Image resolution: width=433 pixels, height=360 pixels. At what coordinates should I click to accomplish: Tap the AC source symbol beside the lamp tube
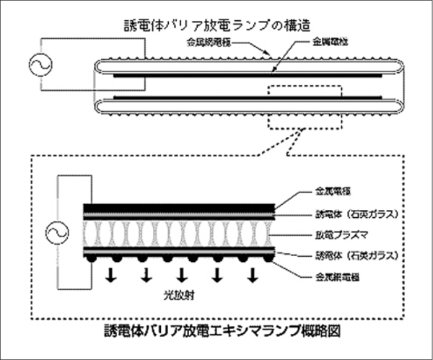click(x=36, y=66)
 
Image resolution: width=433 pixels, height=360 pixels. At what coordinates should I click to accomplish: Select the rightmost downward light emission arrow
click(x=253, y=275)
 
